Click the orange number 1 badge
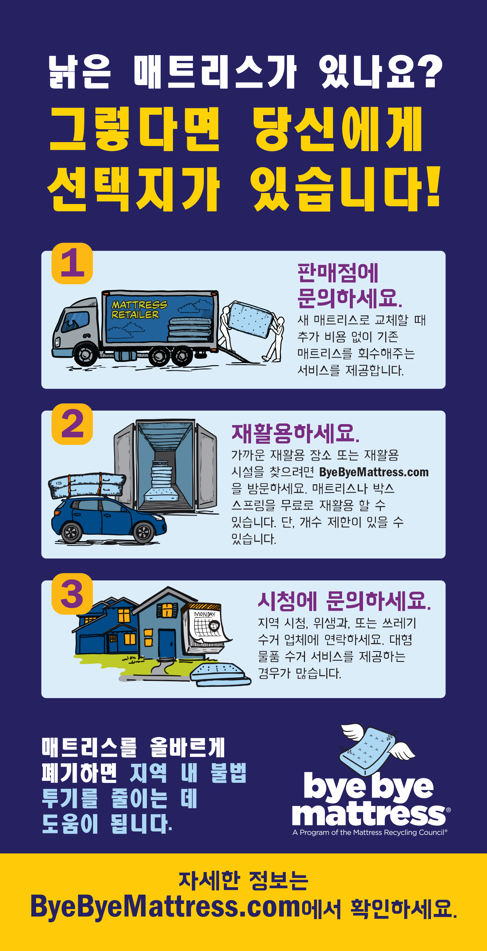[x=72, y=263]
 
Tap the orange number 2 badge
[x=72, y=424]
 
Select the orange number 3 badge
[x=72, y=594]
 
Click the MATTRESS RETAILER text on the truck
[x=139, y=309]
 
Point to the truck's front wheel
[x=86, y=355]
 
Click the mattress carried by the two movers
[x=250, y=319]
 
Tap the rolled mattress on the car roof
[x=87, y=485]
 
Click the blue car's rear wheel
[x=71, y=532]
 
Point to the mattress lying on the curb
[x=221, y=674]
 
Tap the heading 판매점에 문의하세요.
[x=349, y=285]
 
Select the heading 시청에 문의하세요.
[x=344, y=601]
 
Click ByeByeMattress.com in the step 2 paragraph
[x=374, y=472]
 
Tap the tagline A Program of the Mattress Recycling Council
[x=370, y=832]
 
